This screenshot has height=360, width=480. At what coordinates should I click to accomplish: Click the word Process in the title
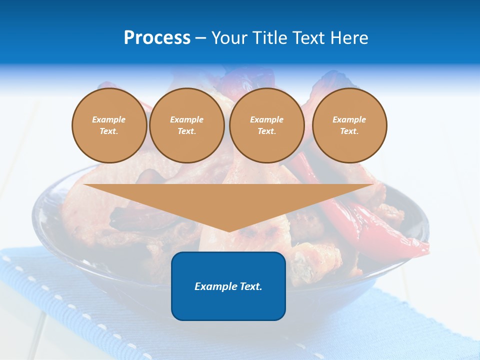[x=157, y=38]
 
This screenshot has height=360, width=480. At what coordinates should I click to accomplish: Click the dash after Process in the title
[x=200, y=38]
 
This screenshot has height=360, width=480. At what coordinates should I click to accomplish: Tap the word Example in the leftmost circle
[x=109, y=119]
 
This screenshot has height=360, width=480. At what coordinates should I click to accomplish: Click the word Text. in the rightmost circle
[x=349, y=131]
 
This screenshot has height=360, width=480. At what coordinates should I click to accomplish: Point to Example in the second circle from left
[x=187, y=119]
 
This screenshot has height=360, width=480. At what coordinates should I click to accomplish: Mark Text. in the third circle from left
[x=267, y=131]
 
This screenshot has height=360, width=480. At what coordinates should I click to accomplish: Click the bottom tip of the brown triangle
[x=229, y=231]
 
